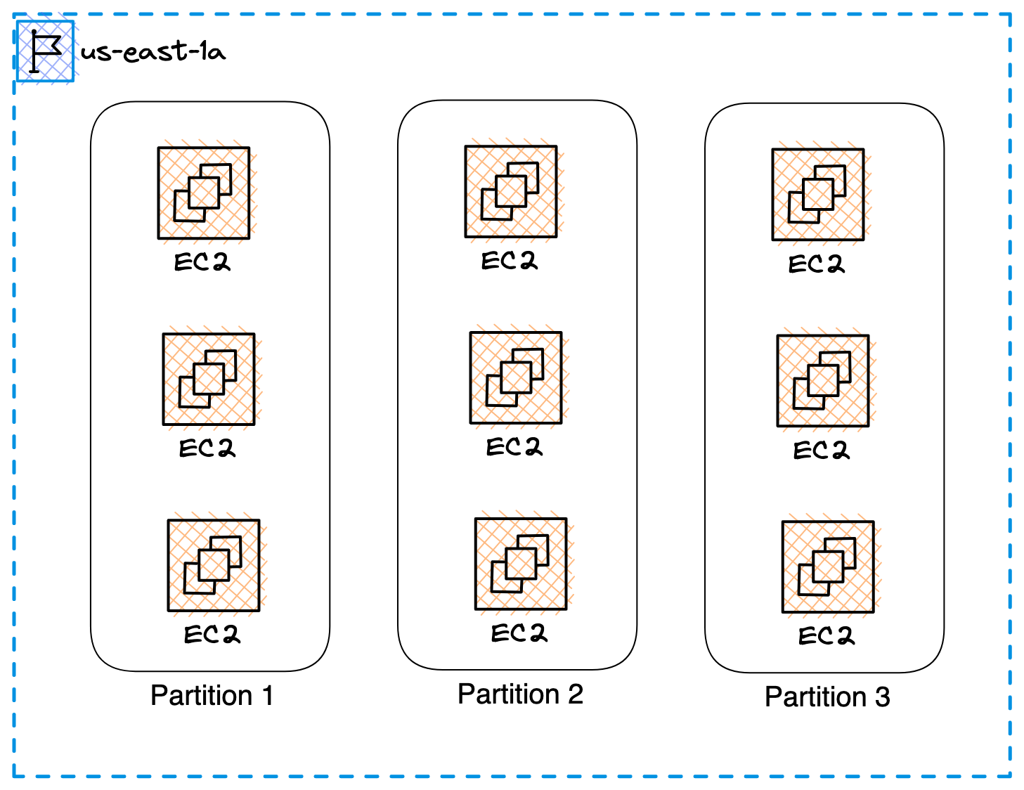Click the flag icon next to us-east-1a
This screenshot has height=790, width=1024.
click(x=45, y=51)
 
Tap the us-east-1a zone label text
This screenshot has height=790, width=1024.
click(x=153, y=51)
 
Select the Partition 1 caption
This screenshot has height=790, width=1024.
click(x=212, y=695)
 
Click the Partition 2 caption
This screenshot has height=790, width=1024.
click(x=520, y=694)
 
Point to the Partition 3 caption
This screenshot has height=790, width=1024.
click(x=827, y=697)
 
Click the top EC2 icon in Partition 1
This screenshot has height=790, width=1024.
click(x=204, y=193)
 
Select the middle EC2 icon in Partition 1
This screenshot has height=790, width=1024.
click(x=209, y=380)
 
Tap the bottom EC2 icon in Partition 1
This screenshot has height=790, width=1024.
click(x=214, y=566)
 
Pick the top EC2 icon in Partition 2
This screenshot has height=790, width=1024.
click(x=511, y=192)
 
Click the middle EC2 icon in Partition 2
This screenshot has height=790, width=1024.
click(x=516, y=378)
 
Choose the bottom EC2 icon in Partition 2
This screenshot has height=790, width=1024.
click(x=521, y=564)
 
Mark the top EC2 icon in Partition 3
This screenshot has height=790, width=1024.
click(x=818, y=195)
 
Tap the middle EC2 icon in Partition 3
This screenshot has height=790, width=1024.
click(x=823, y=381)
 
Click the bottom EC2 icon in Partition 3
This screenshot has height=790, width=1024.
click(x=828, y=567)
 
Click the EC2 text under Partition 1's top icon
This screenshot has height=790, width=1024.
click(x=202, y=262)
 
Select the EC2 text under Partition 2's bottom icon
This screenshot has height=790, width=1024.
click(x=519, y=633)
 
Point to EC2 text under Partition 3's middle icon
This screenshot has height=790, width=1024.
click(x=821, y=450)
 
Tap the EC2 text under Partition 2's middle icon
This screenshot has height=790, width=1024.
click(x=514, y=447)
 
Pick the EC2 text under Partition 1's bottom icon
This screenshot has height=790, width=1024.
click(x=212, y=635)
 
